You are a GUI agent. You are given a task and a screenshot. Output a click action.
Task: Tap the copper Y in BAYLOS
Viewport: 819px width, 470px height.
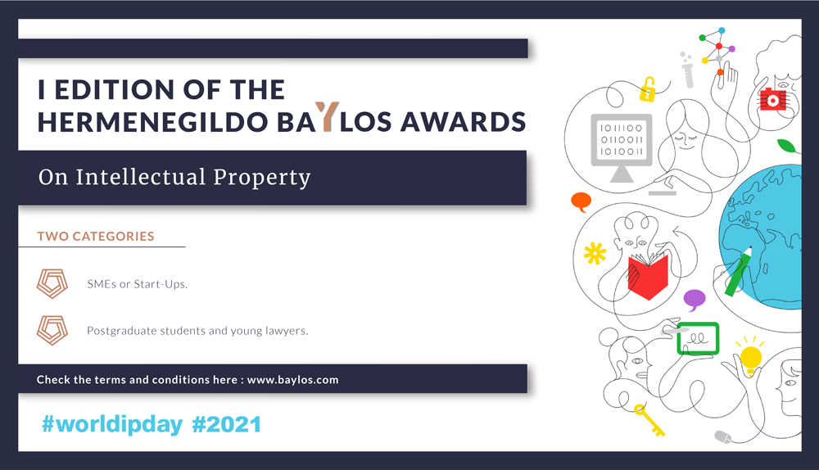[x=327, y=116]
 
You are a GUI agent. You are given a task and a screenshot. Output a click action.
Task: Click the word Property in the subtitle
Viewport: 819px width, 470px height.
[x=262, y=178]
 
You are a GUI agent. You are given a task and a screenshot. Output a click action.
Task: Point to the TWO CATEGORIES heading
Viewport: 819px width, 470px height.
[x=96, y=236]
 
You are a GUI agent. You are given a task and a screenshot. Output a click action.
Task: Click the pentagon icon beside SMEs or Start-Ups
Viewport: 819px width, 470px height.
[x=52, y=283]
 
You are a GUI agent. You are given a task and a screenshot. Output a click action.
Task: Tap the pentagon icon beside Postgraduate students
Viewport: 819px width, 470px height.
[x=52, y=330]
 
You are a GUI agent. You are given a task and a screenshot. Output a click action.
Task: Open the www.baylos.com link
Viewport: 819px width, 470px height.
[x=292, y=380]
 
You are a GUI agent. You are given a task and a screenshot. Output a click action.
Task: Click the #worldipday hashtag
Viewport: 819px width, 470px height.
[x=112, y=424]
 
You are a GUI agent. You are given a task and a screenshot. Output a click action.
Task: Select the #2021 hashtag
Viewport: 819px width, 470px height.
[x=227, y=424]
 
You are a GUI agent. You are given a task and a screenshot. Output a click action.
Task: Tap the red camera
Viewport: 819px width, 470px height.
[x=772, y=99]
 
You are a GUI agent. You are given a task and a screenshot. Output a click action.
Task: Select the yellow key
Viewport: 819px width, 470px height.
[x=649, y=420]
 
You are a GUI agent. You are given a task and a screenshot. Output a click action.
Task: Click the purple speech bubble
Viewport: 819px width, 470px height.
[x=695, y=300]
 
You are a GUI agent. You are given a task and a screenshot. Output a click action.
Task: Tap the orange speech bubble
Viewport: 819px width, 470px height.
[x=581, y=201]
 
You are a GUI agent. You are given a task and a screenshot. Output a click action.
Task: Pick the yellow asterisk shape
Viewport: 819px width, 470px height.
[x=595, y=254]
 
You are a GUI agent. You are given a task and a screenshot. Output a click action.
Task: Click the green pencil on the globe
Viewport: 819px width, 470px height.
[x=739, y=271]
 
